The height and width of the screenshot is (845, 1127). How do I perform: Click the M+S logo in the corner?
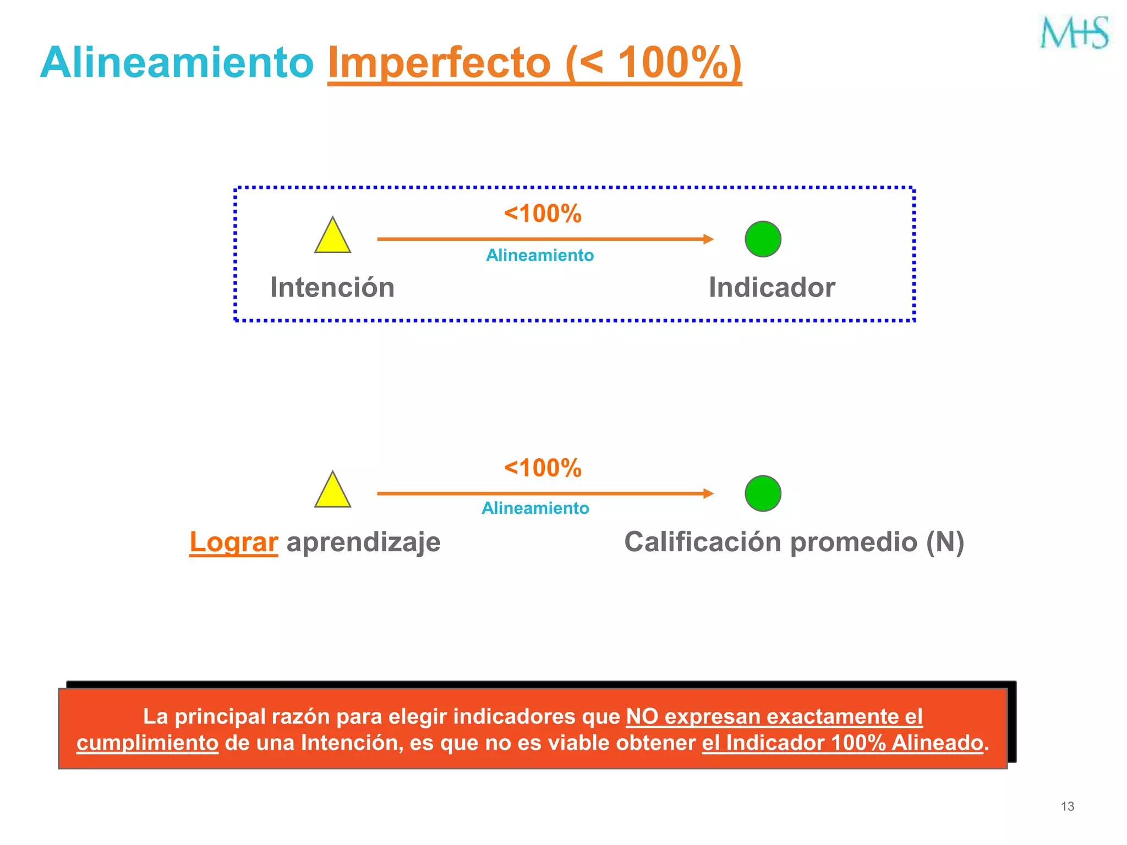pyautogui.click(x=1074, y=32)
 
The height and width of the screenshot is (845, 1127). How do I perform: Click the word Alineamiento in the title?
pyautogui.click(x=177, y=63)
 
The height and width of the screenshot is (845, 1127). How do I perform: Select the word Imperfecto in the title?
pyautogui.click(x=439, y=63)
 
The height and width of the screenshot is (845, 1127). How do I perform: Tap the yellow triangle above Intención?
pyautogui.click(x=332, y=237)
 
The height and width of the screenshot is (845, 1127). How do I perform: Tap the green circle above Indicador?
pyautogui.click(x=763, y=239)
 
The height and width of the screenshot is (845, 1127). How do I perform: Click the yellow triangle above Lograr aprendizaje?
pyautogui.click(x=332, y=491)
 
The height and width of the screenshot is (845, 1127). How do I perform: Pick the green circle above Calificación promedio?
pyautogui.click(x=763, y=493)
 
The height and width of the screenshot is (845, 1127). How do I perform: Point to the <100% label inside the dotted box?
pyautogui.click(x=543, y=213)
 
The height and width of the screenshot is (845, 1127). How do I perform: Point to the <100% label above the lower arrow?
pyautogui.click(x=543, y=468)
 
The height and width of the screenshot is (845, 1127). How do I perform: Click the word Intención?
pyautogui.click(x=332, y=288)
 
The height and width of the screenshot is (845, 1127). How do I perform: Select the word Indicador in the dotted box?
pyautogui.click(x=772, y=288)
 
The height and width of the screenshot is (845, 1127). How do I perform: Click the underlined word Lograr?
pyautogui.click(x=233, y=542)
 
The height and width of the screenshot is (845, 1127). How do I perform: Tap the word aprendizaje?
pyautogui.click(x=363, y=542)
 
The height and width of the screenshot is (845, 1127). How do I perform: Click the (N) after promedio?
pyautogui.click(x=945, y=542)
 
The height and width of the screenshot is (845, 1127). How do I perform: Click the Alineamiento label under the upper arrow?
pyautogui.click(x=540, y=255)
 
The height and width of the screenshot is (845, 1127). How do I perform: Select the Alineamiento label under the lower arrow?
pyautogui.click(x=535, y=508)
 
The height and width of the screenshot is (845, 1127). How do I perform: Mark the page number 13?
pyautogui.click(x=1067, y=806)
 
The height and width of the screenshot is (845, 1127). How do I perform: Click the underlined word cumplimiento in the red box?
pyautogui.click(x=147, y=743)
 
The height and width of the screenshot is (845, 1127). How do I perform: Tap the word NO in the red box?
pyautogui.click(x=642, y=716)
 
